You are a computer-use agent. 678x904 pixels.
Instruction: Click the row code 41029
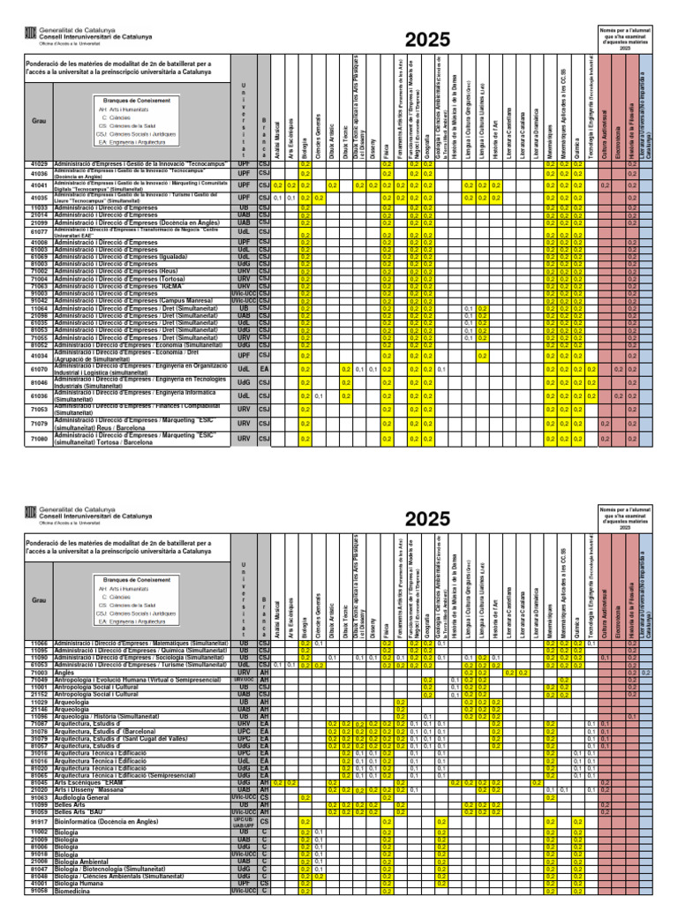pyautogui.click(x=39, y=164)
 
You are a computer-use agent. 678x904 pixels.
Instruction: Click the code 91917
pyautogui.click(x=39, y=821)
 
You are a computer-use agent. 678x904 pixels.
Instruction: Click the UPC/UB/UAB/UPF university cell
pyautogui.click(x=244, y=821)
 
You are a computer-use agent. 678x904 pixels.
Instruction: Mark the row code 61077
pyautogui.click(x=39, y=232)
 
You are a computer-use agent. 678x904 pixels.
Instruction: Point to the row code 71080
pyautogui.click(x=39, y=438)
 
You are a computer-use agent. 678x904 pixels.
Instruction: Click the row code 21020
pyautogui.click(x=39, y=790)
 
